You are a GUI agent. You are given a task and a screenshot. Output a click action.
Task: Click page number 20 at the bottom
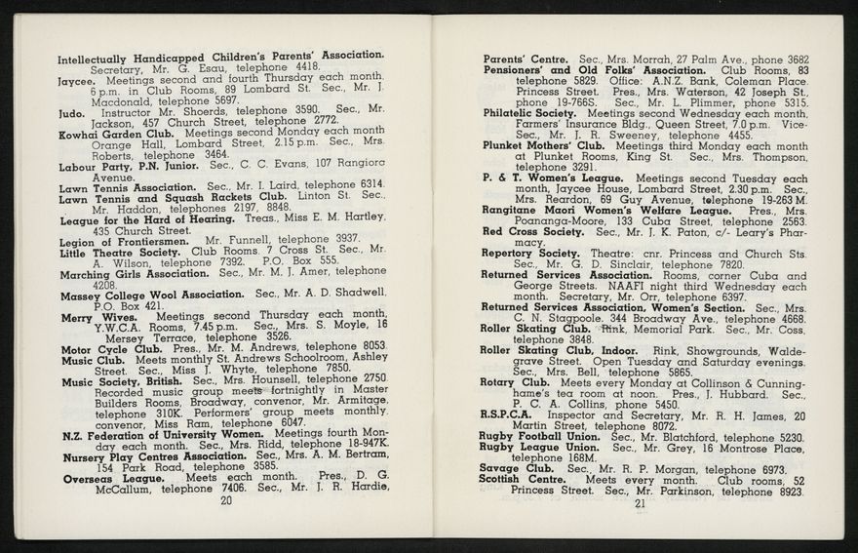[x=226, y=500]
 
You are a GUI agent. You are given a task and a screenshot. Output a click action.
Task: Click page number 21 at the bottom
[x=640, y=504]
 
